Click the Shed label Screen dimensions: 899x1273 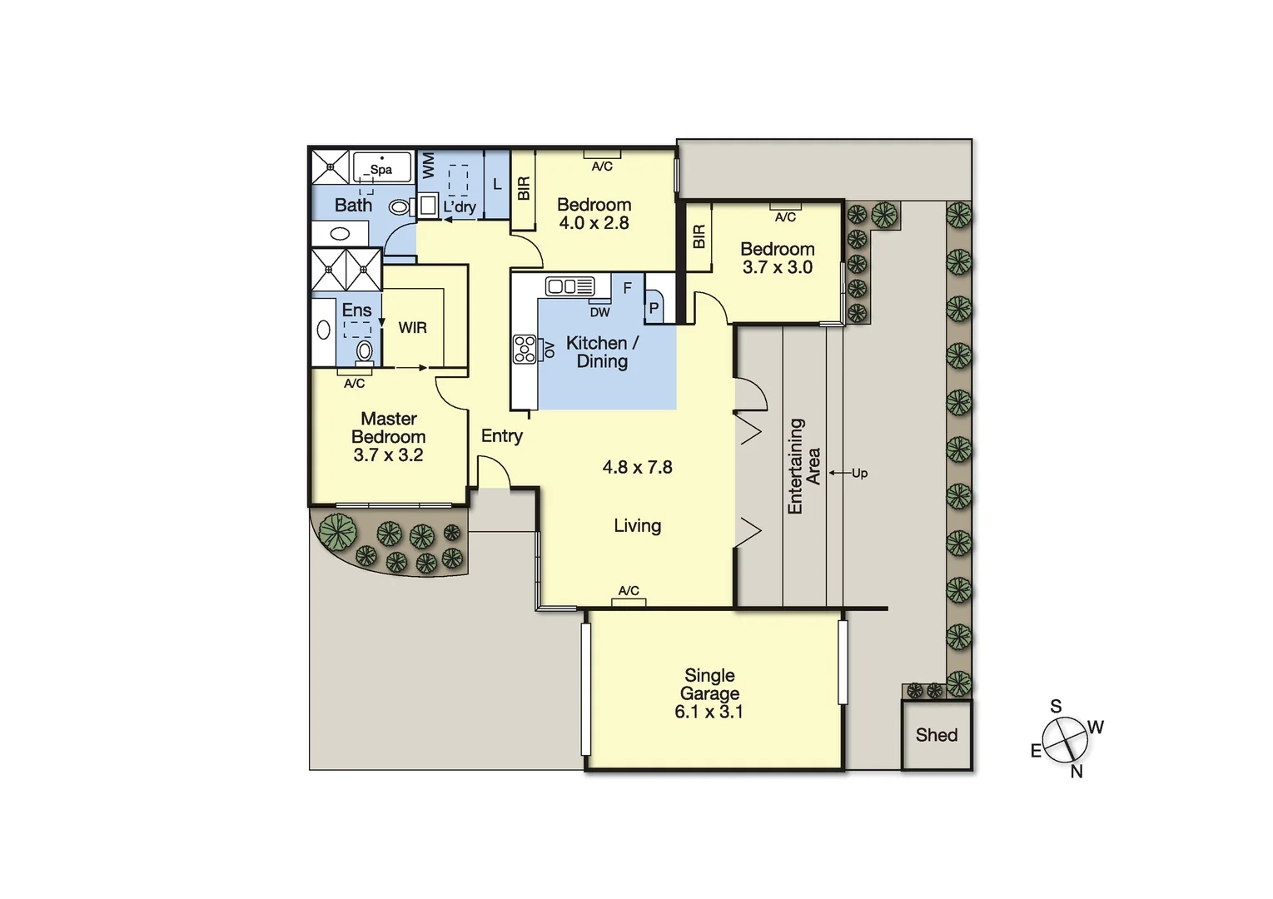[936, 735]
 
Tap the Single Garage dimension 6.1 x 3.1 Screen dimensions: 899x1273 [709, 712]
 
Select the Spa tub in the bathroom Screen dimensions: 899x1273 [382, 167]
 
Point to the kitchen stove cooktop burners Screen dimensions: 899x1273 [525, 348]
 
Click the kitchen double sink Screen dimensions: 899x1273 [570, 286]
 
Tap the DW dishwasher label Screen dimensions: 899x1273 [599, 312]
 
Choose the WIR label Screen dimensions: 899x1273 [412, 328]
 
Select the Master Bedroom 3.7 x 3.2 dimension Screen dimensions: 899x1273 [388, 455]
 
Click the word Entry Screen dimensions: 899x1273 [502, 436]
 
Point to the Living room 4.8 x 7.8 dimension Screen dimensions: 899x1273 [637, 468]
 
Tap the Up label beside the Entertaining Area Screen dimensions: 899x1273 [859, 473]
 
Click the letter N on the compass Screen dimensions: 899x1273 [1076, 772]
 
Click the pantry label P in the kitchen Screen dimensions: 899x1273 [654, 308]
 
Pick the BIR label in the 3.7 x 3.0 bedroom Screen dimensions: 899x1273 [699, 236]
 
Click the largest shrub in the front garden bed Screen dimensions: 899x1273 [337, 532]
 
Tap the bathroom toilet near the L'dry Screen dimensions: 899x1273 [400, 206]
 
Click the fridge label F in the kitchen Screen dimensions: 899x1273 [627, 288]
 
